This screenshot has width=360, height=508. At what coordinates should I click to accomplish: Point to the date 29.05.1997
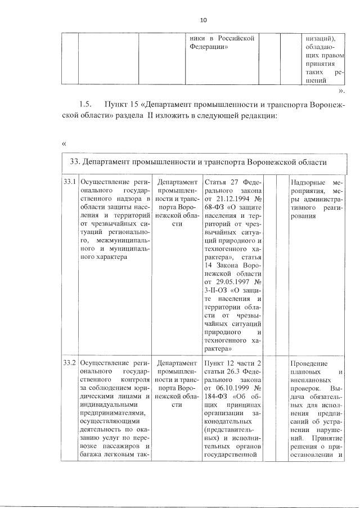tap(229, 281)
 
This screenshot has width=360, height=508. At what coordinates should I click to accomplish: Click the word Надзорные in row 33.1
tap(311, 183)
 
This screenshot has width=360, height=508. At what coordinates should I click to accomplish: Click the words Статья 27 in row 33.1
tap(219, 183)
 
